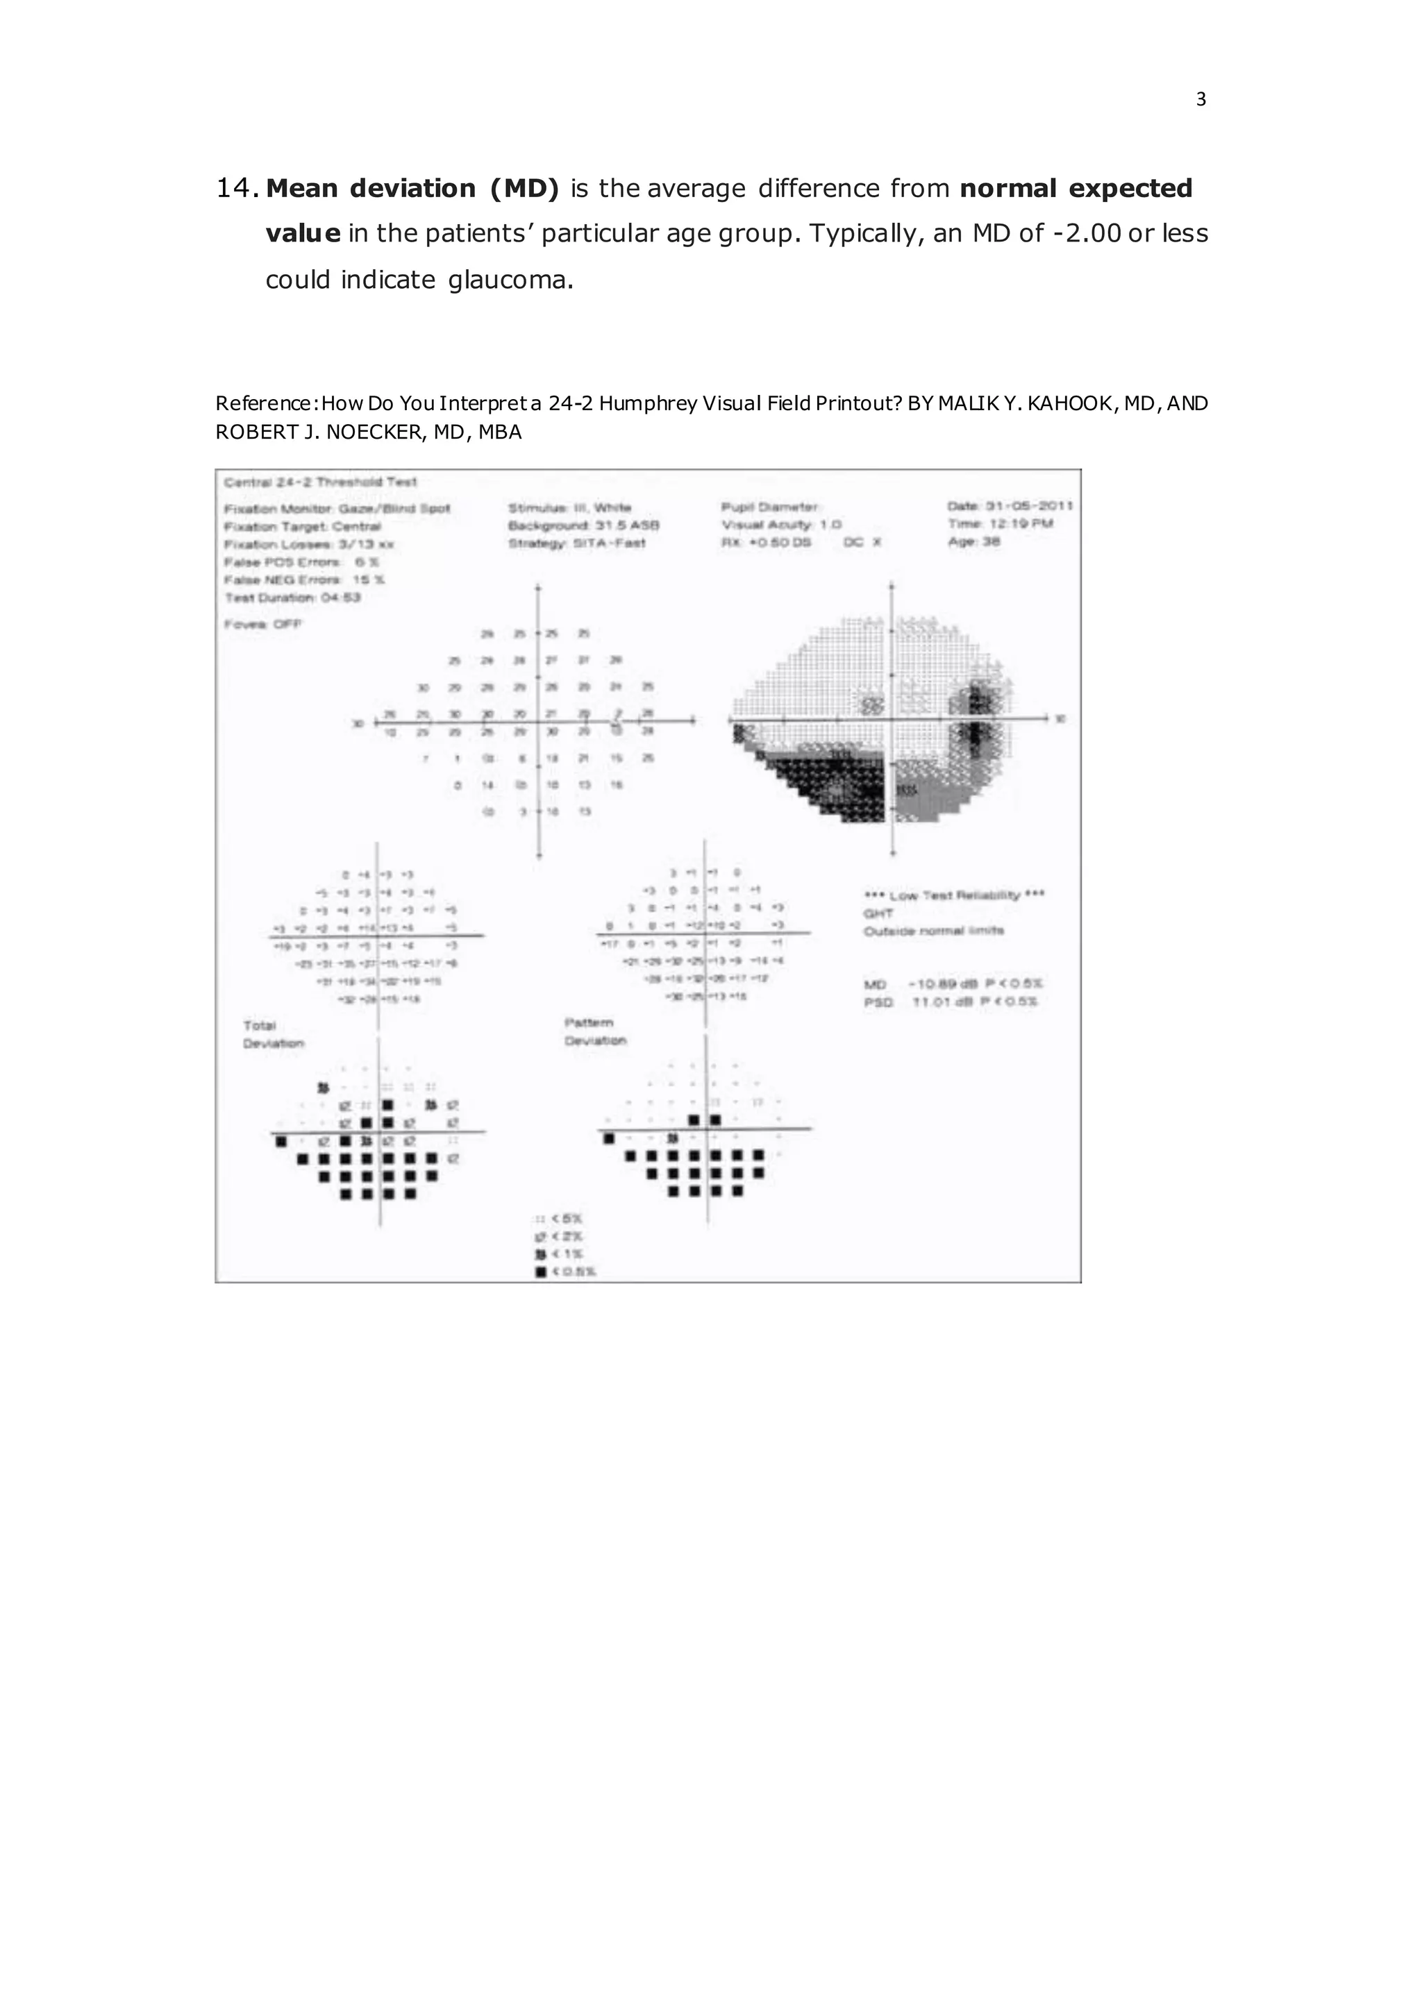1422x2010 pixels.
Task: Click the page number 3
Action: (x=1201, y=100)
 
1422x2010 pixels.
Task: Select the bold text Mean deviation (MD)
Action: (x=412, y=188)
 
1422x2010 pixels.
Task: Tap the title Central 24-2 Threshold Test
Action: (x=321, y=482)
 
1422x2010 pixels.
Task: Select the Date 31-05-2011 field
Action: (x=1010, y=506)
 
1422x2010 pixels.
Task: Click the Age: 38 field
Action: (x=973, y=542)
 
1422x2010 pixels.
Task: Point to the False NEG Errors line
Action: (x=305, y=580)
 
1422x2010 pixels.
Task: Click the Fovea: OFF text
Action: (x=262, y=624)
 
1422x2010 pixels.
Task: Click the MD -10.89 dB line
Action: (x=953, y=985)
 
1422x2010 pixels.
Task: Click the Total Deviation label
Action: (x=272, y=1035)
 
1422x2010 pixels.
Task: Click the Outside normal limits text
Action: (x=933, y=931)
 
